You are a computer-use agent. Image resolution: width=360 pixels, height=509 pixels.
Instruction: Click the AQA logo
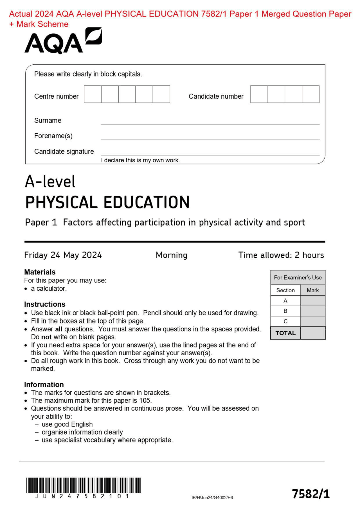click(x=63, y=41)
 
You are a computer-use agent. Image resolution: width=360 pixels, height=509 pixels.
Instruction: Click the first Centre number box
click(x=93, y=94)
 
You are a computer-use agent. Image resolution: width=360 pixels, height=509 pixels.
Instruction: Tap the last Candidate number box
click(x=310, y=94)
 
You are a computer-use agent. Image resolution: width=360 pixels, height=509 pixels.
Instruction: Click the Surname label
click(x=48, y=121)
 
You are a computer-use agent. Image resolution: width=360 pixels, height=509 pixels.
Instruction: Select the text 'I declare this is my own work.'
click(x=140, y=160)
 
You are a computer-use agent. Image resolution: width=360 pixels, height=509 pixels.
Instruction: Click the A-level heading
click(x=50, y=182)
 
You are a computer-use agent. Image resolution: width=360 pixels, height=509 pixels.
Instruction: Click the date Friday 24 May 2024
click(x=63, y=255)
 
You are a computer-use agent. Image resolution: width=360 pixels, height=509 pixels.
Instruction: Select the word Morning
click(x=171, y=255)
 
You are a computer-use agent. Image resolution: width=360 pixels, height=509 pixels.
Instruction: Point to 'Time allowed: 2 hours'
click(x=281, y=255)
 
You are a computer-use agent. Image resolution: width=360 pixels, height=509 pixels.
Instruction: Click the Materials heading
click(x=40, y=272)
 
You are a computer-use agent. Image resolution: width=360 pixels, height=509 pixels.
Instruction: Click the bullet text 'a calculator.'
click(x=49, y=289)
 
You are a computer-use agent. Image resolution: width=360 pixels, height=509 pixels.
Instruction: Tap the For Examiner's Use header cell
click(x=298, y=277)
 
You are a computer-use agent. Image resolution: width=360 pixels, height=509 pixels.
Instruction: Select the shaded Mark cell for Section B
click(x=312, y=311)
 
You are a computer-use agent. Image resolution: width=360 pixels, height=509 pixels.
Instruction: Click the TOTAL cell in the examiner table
click(x=285, y=333)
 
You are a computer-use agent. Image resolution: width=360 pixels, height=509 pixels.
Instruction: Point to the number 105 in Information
click(x=145, y=401)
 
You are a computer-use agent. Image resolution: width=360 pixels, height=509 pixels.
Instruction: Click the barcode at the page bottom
click(x=83, y=485)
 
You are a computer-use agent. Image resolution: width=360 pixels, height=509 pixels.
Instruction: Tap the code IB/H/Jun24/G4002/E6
click(x=212, y=497)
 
